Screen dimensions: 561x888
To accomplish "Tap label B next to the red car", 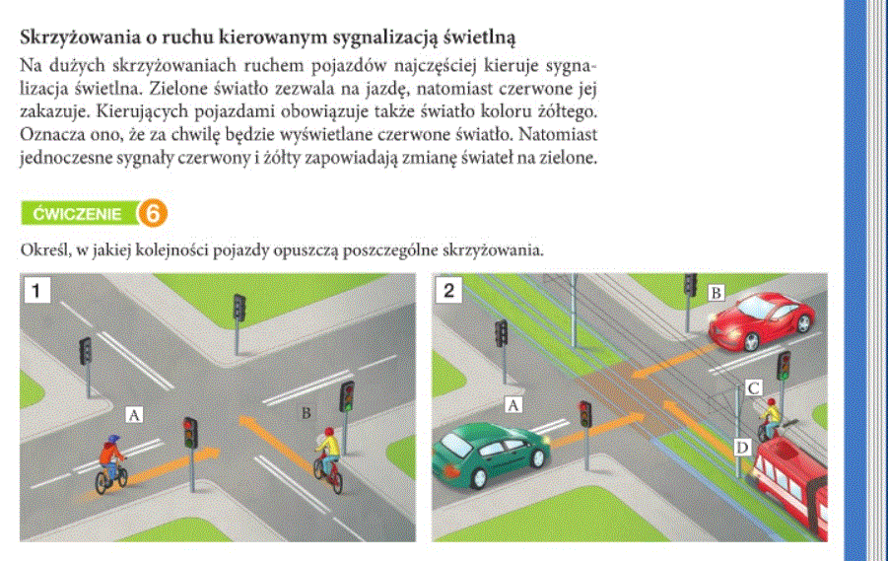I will tap(717, 292).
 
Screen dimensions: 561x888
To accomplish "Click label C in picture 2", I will tap(752, 387).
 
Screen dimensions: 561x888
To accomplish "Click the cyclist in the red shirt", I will tap(109, 462).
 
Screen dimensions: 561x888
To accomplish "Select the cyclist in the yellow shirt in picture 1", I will tap(328, 457).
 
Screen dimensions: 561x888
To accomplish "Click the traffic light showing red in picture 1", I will tap(189, 433).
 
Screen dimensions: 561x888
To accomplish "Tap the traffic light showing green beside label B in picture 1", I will tap(347, 396).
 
